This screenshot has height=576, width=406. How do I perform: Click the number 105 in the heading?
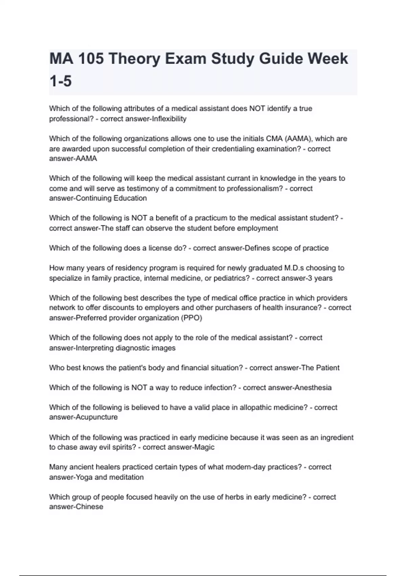point(92,59)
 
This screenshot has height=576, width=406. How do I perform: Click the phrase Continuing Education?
point(111,198)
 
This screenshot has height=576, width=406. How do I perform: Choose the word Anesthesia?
point(313,388)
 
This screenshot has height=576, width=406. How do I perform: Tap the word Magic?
point(204,447)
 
